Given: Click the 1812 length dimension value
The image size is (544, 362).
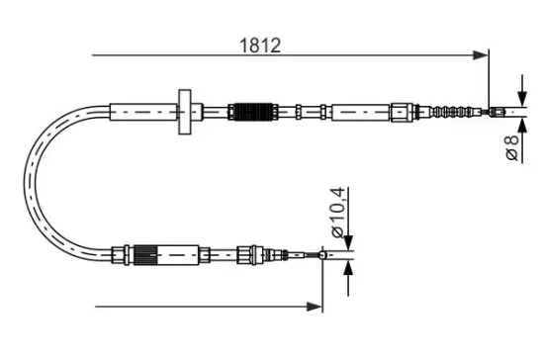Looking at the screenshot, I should [x=261, y=45].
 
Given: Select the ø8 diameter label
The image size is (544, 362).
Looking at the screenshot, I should [x=512, y=147].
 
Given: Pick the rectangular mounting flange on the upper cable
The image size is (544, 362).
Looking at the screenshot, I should [x=185, y=113].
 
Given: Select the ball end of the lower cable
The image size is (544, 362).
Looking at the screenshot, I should [x=323, y=259].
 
